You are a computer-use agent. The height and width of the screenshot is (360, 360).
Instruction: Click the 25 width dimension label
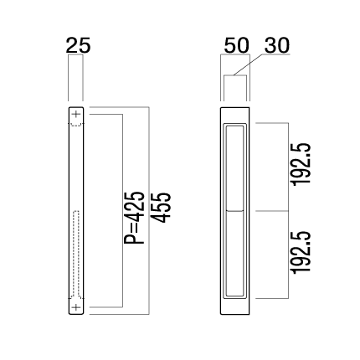tap(78, 45)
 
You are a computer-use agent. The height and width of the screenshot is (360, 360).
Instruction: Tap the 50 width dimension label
tap(236, 45)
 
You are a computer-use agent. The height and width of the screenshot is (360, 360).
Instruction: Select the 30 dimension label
tap(277, 45)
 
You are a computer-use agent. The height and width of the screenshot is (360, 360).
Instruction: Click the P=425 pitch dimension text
tap(134, 218)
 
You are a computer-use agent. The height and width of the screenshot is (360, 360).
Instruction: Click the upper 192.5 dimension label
tap(301, 164)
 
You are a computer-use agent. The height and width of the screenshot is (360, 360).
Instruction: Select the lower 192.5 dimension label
tap(301, 252)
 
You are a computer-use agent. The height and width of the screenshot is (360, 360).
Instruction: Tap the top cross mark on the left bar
tap(76, 114)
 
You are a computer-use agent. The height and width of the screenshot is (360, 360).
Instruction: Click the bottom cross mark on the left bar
tap(76, 307)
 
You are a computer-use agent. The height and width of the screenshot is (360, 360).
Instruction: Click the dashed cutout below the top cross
tap(76, 124)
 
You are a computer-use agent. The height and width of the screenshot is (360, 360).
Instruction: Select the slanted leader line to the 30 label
tap(248, 64)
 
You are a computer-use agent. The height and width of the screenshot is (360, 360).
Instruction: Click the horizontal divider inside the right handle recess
tap(234, 210)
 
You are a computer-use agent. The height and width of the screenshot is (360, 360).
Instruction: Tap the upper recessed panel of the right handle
tap(234, 167)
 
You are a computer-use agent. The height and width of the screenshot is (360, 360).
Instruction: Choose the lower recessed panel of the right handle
tap(234, 254)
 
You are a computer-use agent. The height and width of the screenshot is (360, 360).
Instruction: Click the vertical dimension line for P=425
tap(122, 211)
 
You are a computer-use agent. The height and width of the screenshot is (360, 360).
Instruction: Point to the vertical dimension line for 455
tap(149, 211)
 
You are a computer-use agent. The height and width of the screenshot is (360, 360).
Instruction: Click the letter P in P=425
tap(134, 239)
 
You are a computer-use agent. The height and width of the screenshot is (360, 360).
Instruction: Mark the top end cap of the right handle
tap(234, 115)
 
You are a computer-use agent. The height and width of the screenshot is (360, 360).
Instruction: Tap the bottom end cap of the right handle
tap(234, 306)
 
